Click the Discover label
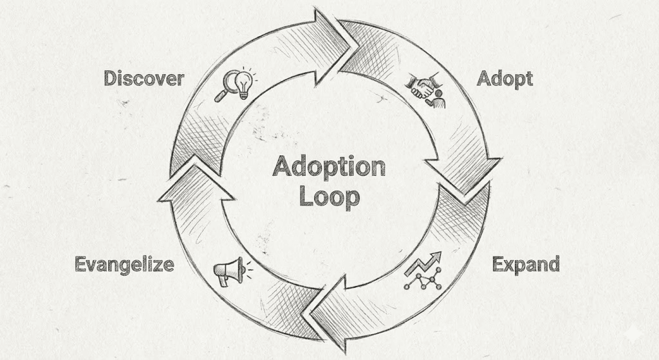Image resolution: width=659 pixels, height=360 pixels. [144, 79]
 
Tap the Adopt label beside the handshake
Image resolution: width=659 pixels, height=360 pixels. [505, 79]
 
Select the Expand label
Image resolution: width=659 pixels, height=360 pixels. [525, 264]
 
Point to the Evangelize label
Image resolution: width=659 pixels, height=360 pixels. [124, 264]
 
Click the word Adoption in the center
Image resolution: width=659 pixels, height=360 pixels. [328, 167]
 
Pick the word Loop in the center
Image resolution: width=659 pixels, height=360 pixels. [328, 197]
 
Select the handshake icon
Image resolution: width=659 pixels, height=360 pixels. [425, 89]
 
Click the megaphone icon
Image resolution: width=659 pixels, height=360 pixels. [228, 271]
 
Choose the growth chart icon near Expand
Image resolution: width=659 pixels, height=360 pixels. [422, 270]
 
